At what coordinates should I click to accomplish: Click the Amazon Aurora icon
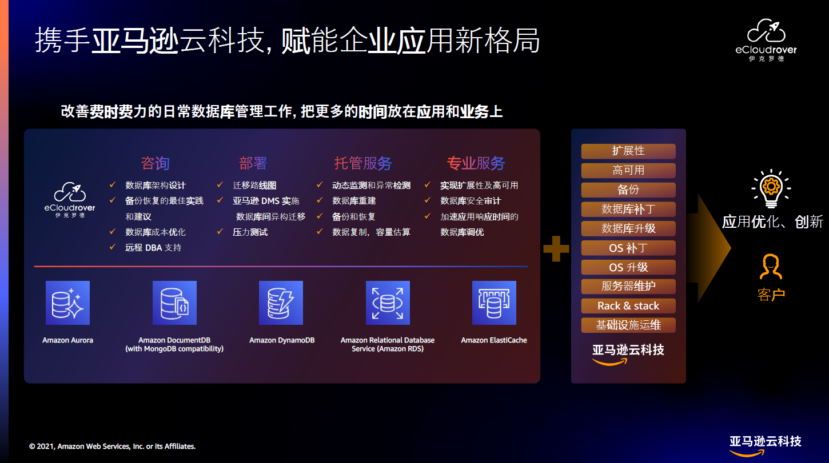click(67, 303)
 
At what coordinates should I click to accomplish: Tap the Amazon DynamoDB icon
click(281, 303)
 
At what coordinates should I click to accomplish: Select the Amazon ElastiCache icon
click(494, 303)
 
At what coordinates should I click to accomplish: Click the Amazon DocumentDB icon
click(174, 303)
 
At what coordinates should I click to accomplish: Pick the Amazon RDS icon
click(388, 303)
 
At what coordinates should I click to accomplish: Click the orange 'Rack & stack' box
click(628, 306)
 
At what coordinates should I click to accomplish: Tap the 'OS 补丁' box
click(628, 248)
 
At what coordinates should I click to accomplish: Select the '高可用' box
click(628, 170)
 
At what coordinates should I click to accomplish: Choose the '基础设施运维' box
click(628, 325)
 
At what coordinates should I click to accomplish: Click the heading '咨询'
click(156, 163)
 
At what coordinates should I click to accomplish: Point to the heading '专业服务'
click(476, 163)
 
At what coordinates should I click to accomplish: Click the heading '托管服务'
click(363, 163)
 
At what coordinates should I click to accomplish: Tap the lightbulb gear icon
click(771, 188)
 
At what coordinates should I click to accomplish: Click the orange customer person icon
click(771, 267)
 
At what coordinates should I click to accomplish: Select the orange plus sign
click(556, 248)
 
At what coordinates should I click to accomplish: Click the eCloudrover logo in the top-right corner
click(766, 40)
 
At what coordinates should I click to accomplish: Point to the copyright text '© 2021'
click(42, 446)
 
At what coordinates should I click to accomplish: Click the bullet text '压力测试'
click(250, 232)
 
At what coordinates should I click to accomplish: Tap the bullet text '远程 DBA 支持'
click(153, 248)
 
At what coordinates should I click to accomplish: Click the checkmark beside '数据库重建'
click(320, 200)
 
